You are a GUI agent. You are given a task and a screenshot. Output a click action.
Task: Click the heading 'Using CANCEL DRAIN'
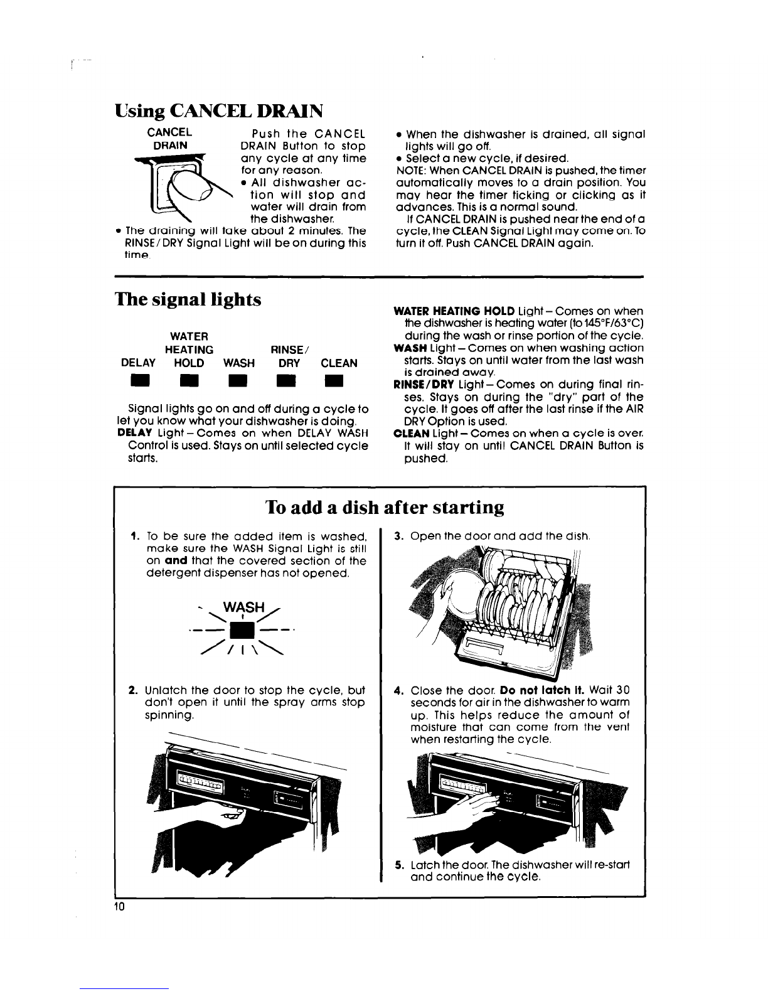[x=218, y=112]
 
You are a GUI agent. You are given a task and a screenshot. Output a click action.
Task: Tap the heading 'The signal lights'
[x=188, y=300]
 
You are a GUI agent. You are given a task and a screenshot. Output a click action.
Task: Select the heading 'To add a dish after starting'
[x=385, y=507]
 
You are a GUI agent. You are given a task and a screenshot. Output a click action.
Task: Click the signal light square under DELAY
[x=139, y=380]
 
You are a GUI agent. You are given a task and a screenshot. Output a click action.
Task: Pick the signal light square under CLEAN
[x=334, y=380]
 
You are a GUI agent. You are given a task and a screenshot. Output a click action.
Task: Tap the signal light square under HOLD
[x=189, y=380]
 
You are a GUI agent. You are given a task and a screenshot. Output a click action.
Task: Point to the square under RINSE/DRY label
[x=286, y=380]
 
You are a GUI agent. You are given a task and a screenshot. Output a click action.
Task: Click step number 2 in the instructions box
[x=133, y=690]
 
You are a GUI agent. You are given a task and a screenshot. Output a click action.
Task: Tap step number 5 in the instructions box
[x=399, y=865]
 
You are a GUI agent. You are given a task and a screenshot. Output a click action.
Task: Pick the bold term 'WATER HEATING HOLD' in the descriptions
[x=454, y=311]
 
